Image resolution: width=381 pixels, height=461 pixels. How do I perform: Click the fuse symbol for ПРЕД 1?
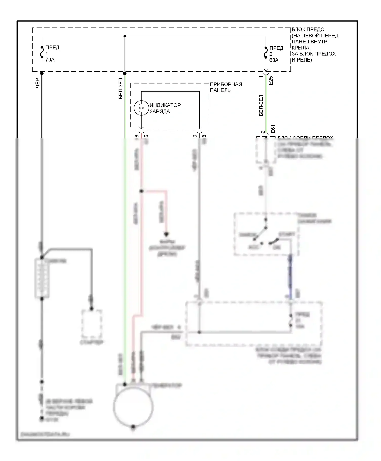tap(42, 52)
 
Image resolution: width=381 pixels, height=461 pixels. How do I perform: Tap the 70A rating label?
tap(50, 60)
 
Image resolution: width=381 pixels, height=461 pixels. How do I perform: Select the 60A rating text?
tap(274, 60)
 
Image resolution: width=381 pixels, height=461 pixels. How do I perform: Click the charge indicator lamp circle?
tap(141, 108)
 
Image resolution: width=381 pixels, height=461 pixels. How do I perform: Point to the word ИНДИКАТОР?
tap(165, 105)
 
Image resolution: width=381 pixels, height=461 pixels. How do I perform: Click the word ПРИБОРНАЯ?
tap(226, 84)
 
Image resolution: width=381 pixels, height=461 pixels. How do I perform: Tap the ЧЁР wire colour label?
tap(37, 83)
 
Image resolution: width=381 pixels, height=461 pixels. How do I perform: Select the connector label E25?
tap(271, 81)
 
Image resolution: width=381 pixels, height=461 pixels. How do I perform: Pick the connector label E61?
tap(273, 129)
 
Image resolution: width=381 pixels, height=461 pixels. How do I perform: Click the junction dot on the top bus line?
tap(125, 36)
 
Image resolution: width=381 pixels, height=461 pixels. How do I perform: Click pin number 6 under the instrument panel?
tap(137, 136)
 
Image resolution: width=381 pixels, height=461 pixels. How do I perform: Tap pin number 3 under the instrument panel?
tap(195, 136)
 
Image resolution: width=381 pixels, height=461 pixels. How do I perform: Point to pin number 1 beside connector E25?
tap(261, 76)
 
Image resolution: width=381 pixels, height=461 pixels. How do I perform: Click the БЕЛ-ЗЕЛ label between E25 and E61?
tap(261, 105)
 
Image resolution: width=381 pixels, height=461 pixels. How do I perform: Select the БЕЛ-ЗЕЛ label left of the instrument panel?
tap(121, 88)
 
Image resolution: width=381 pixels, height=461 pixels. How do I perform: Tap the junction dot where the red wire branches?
tap(141, 191)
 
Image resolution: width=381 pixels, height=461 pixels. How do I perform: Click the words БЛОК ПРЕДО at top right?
tap(308, 29)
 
